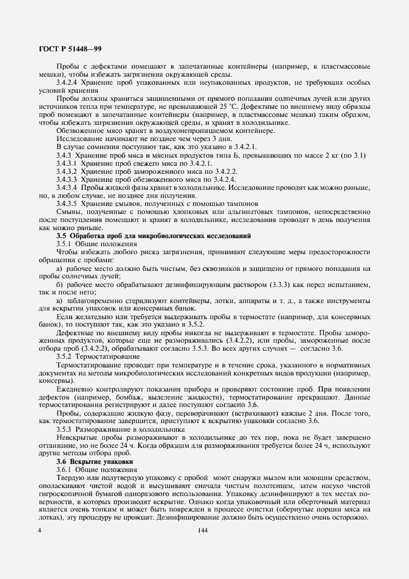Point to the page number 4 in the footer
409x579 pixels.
(40, 531)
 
